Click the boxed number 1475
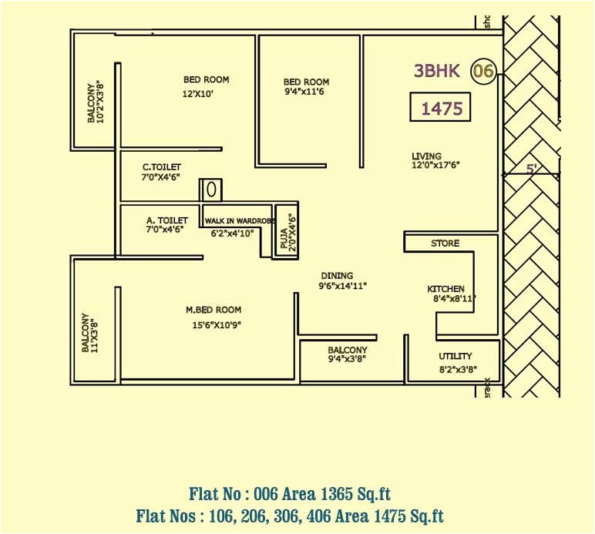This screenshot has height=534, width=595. click(442, 109)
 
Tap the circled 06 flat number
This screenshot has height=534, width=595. click(483, 72)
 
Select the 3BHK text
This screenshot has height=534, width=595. click(437, 72)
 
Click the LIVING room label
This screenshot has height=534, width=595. click(426, 156)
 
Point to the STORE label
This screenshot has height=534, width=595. click(445, 243)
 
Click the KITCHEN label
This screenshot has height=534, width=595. click(446, 289)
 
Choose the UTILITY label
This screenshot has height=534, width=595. click(455, 357)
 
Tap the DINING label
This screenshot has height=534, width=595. click(337, 275)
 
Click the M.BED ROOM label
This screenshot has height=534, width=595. click(213, 310)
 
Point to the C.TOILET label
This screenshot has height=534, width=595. click(162, 166)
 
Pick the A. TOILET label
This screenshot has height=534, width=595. click(167, 220)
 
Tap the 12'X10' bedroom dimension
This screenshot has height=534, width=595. click(198, 94)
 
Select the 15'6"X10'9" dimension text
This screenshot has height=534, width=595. click(217, 325)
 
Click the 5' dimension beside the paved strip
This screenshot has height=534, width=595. click(531, 169)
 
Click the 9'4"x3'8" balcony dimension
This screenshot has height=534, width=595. click(348, 359)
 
